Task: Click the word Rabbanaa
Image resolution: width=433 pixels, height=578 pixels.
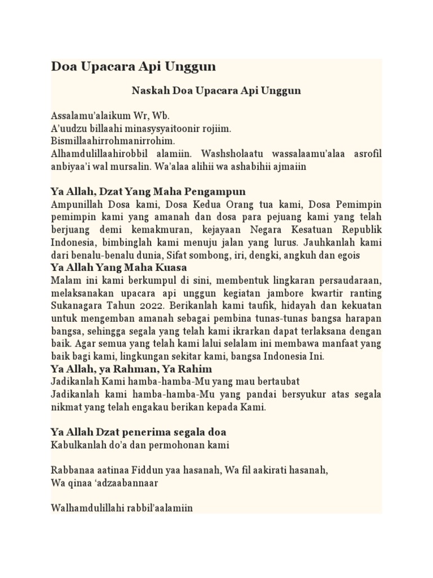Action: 73,469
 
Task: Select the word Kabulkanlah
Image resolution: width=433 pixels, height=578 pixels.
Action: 79,445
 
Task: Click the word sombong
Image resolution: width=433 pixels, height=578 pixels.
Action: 190,255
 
